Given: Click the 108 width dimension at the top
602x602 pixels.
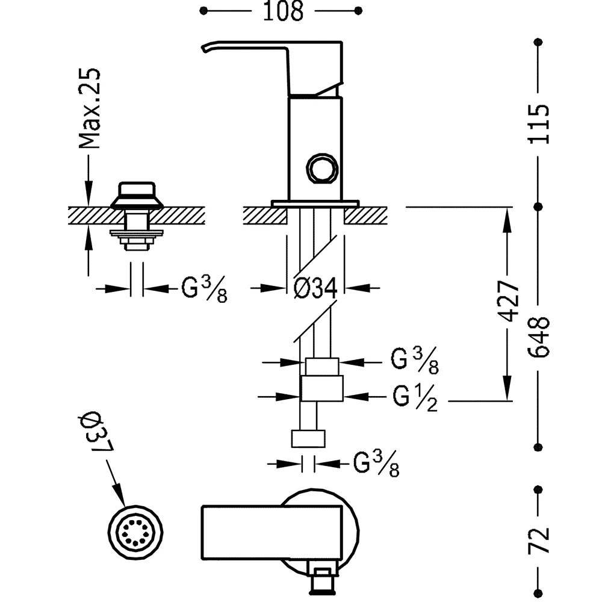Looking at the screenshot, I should pos(282,11).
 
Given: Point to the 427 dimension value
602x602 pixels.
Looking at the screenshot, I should pos(507,301).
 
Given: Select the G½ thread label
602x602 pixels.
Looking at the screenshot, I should pos(414,397).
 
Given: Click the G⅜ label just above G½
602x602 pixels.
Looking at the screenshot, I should pos(414,362).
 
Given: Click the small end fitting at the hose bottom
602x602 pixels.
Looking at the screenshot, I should pos(309,438).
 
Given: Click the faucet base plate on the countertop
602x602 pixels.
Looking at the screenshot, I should pos(314,204).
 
